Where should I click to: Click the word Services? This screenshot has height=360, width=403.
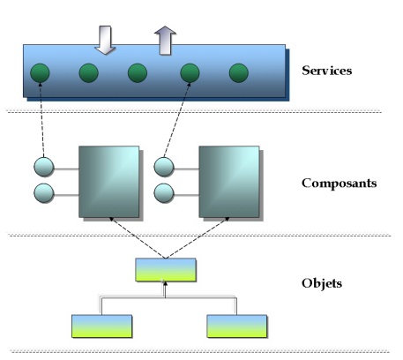click(x=326, y=71)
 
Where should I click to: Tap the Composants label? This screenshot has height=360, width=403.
click(x=339, y=184)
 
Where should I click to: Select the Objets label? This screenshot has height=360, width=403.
click(x=322, y=283)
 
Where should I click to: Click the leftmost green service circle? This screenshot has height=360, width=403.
click(x=40, y=73)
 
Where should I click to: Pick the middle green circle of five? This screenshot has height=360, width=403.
click(x=138, y=73)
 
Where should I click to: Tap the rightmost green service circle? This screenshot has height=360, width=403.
click(x=239, y=73)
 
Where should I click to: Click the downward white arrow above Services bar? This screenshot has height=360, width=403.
click(x=105, y=40)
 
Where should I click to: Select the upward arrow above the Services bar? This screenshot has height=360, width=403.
click(x=165, y=41)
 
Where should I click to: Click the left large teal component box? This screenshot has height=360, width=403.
click(x=109, y=182)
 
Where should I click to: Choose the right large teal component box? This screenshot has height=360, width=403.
click(x=229, y=182)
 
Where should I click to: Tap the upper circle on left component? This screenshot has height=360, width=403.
click(x=44, y=167)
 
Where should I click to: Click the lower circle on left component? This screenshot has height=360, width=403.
click(x=44, y=193)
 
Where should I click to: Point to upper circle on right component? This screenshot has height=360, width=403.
click(x=164, y=167)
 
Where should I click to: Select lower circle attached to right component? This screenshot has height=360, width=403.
click(x=164, y=193)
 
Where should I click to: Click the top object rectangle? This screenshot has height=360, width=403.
click(x=166, y=270)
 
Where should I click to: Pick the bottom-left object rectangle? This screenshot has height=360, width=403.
click(x=102, y=326)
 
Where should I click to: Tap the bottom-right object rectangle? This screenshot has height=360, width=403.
click(x=237, y=326)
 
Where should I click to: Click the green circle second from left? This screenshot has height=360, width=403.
click(x=89, y=73)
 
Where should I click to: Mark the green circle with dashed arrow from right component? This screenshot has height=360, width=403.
click(x=190, y=73)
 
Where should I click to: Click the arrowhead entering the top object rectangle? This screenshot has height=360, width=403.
click(x=165, y=284)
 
